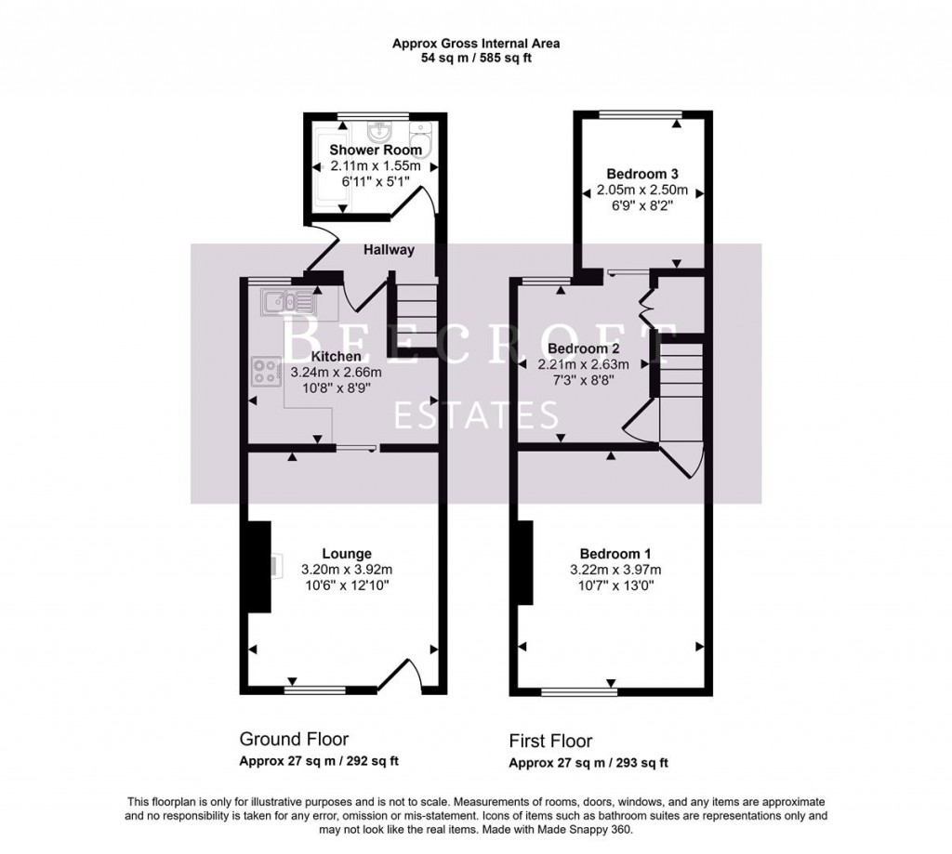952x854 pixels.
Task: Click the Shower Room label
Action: point(376,150)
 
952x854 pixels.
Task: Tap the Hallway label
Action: point(389,250)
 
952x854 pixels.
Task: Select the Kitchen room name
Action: point(336,356)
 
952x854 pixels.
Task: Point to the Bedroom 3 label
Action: point(641,174)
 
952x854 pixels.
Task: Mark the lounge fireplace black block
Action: point(258,566)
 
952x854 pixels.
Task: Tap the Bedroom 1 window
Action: point(579,690)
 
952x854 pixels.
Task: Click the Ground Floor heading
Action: point(294,740)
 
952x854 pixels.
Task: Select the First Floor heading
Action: point(550,741)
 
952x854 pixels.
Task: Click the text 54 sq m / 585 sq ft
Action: point(475,58)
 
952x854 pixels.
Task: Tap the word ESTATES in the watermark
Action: point(476,415)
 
